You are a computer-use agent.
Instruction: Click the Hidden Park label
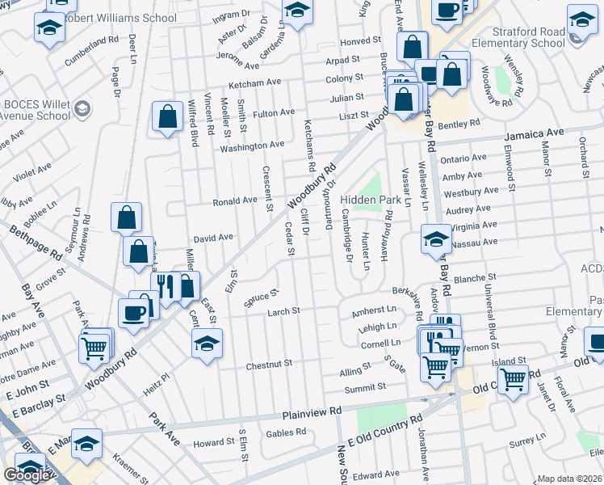[x=371, y=200]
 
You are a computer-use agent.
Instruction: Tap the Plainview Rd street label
[x=312, y=413]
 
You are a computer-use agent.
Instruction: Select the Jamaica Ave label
[x=535, y=133]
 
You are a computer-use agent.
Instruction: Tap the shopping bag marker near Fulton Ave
[x=167, y=116]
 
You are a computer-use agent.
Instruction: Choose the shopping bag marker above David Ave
[x=127, y=217]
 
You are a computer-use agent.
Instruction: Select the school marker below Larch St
[x=207, y=345]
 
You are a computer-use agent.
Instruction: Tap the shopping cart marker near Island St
[x=513, y=378]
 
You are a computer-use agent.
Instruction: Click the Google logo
[x=26, y=474]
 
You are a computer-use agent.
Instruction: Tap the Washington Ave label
[x=253, y=145]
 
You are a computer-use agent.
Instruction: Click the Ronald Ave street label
[x=234, y=200]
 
